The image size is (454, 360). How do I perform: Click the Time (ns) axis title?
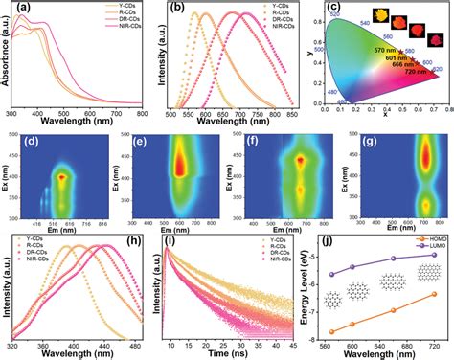coord(232,350)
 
